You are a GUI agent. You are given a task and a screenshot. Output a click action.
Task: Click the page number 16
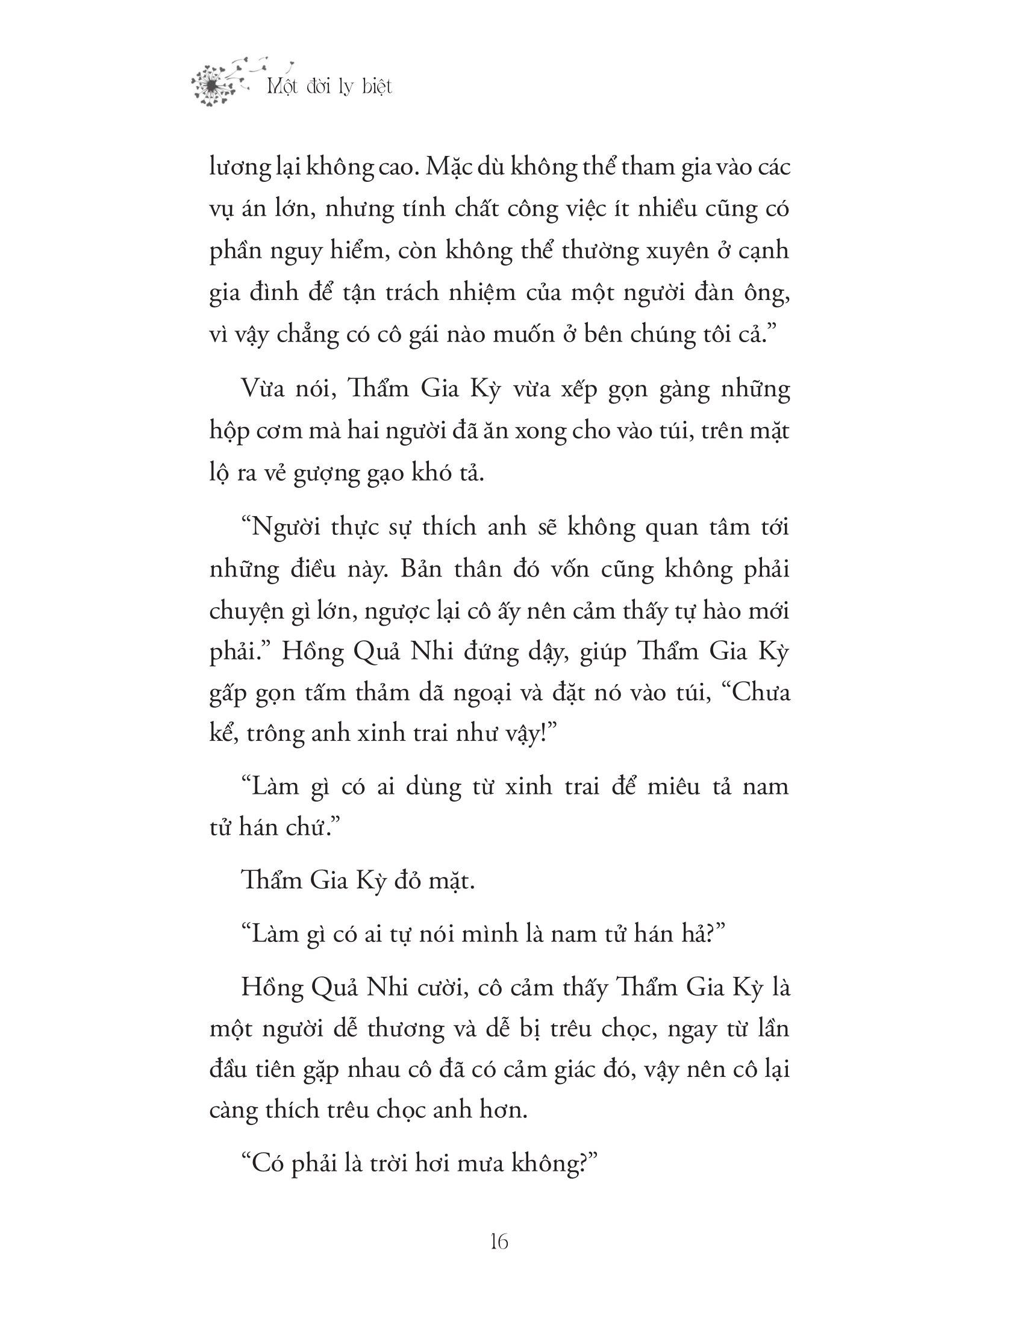[x=499, y=1241]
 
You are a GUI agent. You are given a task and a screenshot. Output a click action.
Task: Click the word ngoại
[x=470, y=694]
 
